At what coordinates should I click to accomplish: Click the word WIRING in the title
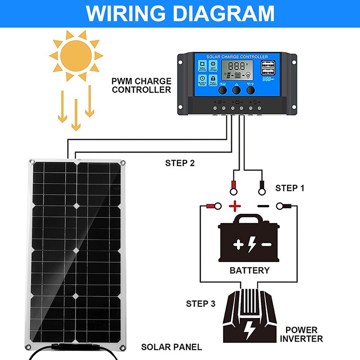(130, 13)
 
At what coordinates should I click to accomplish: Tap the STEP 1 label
(290, 188)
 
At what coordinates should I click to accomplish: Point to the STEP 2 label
(180, 163)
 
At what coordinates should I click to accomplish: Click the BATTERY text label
(249, 270)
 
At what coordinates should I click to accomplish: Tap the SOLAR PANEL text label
(171, 347)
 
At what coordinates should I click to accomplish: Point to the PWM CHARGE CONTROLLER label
(142, 85)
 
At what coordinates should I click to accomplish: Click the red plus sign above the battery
(235, 207)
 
